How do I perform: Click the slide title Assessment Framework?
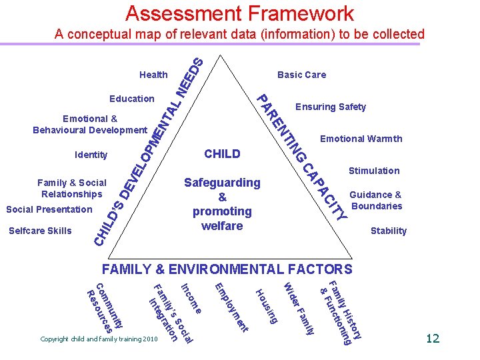[x=239, y=13]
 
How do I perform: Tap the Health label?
[x=153, y=75]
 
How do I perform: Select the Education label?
[x=132, y=99]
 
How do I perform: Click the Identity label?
[x=91, y=155]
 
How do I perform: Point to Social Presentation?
[x=49, y=209]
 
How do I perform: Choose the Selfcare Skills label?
[x=39, y=231]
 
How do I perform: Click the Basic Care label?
[x=301, y=75]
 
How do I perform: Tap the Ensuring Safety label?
[x=331, y=107]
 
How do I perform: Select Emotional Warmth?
[x=361, y=139]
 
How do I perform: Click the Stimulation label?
[x=374, y=171]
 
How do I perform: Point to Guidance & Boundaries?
[x=377, y=200]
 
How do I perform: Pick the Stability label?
[x=388, y=231]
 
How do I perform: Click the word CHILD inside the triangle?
[x=222, y=154]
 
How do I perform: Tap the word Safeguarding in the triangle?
[x=222, y=183]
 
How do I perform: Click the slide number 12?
[x=433, y=339]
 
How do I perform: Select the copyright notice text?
[x=99, y=339]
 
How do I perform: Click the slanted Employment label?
[x=231, y=307]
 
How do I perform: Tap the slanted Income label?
[x=191, y=299]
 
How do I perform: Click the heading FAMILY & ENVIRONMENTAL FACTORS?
[x=227, y=270]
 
